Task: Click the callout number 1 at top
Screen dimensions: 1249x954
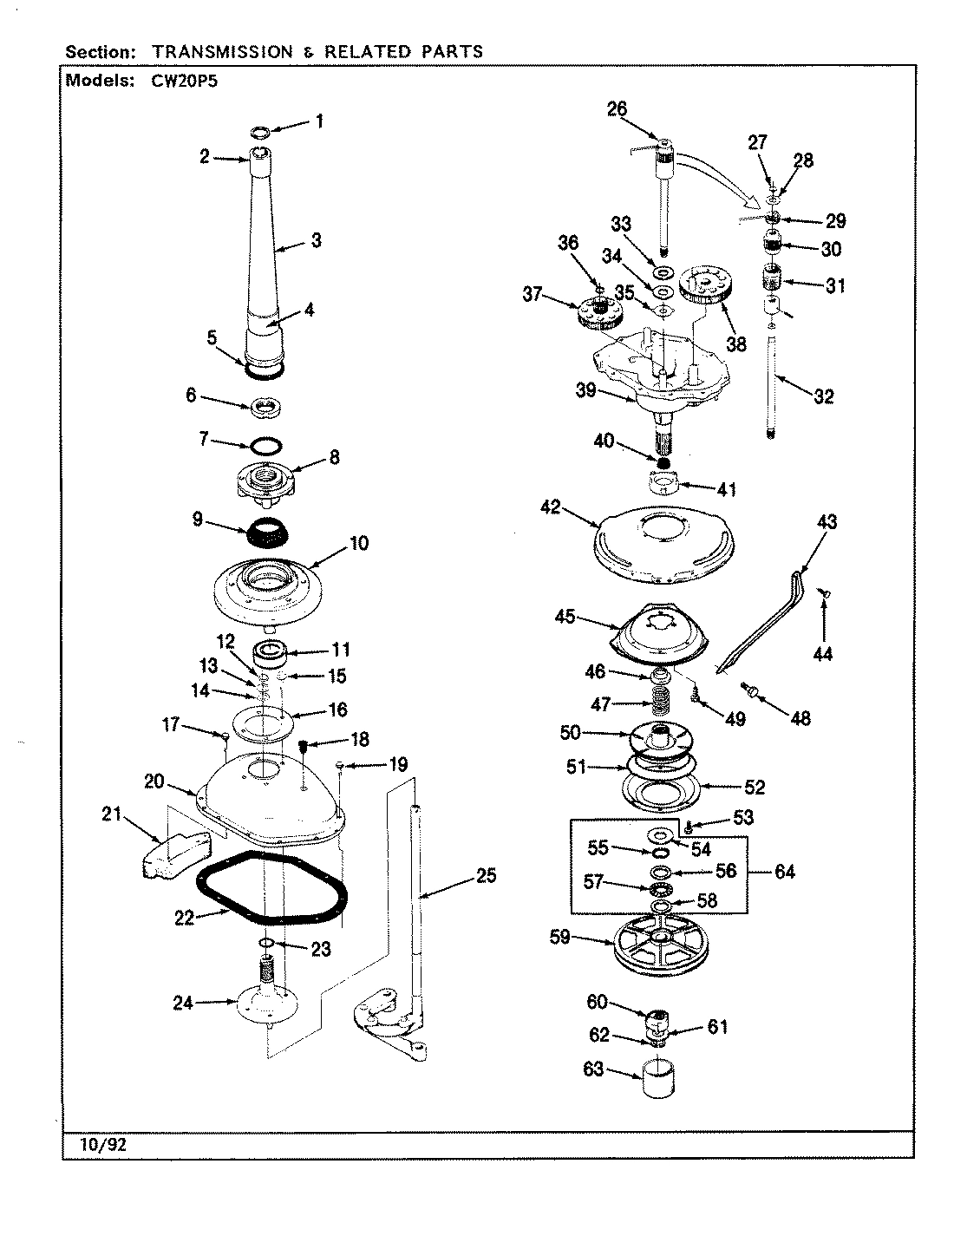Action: pos(318,121)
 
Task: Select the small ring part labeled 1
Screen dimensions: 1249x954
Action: pos(260,132)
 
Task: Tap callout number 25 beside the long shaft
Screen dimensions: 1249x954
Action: pos(486,876)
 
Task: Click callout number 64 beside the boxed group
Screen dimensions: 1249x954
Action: pos(784,872)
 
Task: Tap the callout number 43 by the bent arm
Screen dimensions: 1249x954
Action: pos(827,522)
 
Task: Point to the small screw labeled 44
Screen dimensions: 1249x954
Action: pos(825,593)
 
